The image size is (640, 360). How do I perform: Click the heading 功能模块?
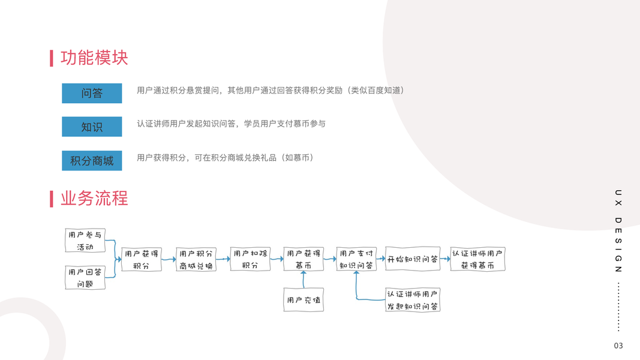click(94, 58)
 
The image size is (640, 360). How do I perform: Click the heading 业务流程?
click(94, 199)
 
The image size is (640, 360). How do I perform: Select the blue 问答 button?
click(92, 93)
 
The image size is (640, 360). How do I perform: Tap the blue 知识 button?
click(92, 127)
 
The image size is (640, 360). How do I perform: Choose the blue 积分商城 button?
click(92, 161)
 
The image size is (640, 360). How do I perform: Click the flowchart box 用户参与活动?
click(85, 241)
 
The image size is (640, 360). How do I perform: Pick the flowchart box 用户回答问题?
click(85, 278)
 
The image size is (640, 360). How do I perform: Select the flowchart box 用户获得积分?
click(142, 259)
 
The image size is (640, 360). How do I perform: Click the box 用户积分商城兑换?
click(196, 259)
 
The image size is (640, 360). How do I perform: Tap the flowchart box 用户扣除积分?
click(250, 259)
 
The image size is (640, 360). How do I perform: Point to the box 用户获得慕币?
click(304, 259)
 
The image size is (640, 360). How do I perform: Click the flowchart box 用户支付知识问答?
click(356, 259)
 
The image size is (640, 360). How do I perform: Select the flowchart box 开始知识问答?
click(413, 259)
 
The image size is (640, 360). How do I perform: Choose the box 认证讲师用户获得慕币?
click(478, 259)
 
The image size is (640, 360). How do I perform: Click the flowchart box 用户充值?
click(304, 299)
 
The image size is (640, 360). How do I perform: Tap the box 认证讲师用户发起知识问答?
click(413, 299)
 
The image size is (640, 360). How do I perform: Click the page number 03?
click(618, 346)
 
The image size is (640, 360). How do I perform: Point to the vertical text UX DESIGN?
click(618, 231)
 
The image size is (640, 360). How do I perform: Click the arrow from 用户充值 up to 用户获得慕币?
click(304, 280)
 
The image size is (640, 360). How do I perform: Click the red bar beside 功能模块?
click(52, 58)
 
